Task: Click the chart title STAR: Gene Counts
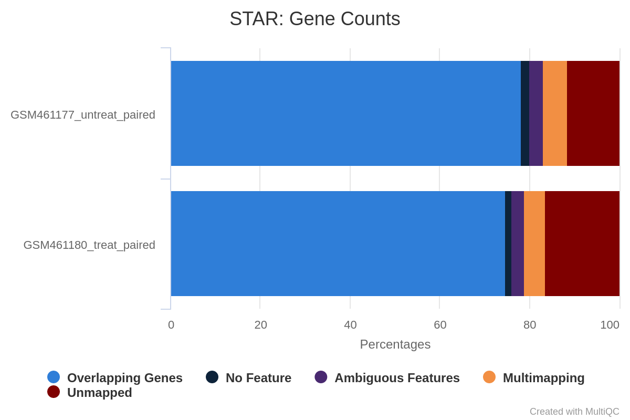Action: tap(314, 19)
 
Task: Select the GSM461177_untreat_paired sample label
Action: tap(83, 115)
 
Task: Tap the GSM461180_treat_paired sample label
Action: tap(89, 245)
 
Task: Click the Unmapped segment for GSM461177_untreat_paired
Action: tap(593, 113)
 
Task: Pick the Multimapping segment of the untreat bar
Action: tap(555, 113)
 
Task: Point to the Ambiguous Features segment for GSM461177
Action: tap(536, 113)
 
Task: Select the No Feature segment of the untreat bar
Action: tap(525, 113)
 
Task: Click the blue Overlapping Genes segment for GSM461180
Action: tap(338, 244)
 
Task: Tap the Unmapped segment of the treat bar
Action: tap(582, 244)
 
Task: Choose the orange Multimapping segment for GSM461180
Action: tap(534, 244)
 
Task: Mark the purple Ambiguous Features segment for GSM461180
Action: tap(518, 244)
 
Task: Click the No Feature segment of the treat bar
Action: tap(508, 244)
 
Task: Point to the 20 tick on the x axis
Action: tap(261, 325)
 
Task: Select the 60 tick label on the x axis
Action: tap(440, 325)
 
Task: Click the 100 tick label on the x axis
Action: tap(610, 325)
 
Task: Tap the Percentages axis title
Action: tap(395, 344)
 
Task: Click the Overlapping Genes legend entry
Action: tap(115, 377)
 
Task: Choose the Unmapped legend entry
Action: tap(89, 392)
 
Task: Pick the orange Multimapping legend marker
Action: tap(489, 377)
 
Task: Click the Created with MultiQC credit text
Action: tap(574, 412)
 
